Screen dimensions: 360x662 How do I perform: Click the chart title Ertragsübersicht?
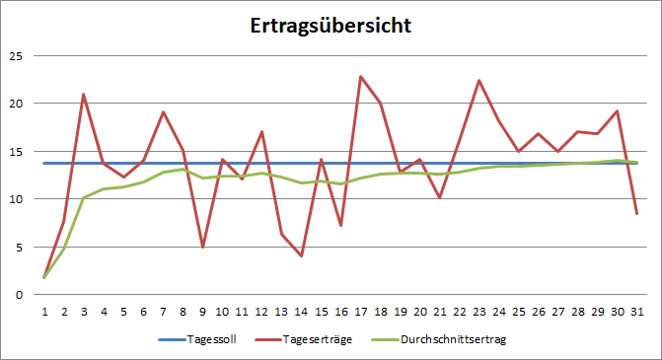[330, 26]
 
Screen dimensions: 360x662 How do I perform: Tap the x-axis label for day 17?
[361, 311]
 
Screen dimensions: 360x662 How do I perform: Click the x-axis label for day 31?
[638, 311]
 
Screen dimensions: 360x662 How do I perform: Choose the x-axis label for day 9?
[202, 311]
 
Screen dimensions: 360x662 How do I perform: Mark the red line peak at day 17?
[361, 76]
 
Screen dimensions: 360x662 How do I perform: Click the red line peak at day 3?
[84, 95]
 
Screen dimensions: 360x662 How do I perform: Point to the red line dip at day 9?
[202, 247]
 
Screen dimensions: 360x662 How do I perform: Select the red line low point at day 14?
[301, 256]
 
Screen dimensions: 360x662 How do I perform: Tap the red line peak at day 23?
[479, 80]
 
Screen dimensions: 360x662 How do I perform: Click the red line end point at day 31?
[638, 214]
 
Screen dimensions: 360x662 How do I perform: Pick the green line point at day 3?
[84, 197]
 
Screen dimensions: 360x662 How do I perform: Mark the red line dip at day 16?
[341, 226]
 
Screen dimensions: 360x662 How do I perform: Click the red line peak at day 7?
[163, 112]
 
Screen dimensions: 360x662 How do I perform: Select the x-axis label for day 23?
[479, 311]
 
